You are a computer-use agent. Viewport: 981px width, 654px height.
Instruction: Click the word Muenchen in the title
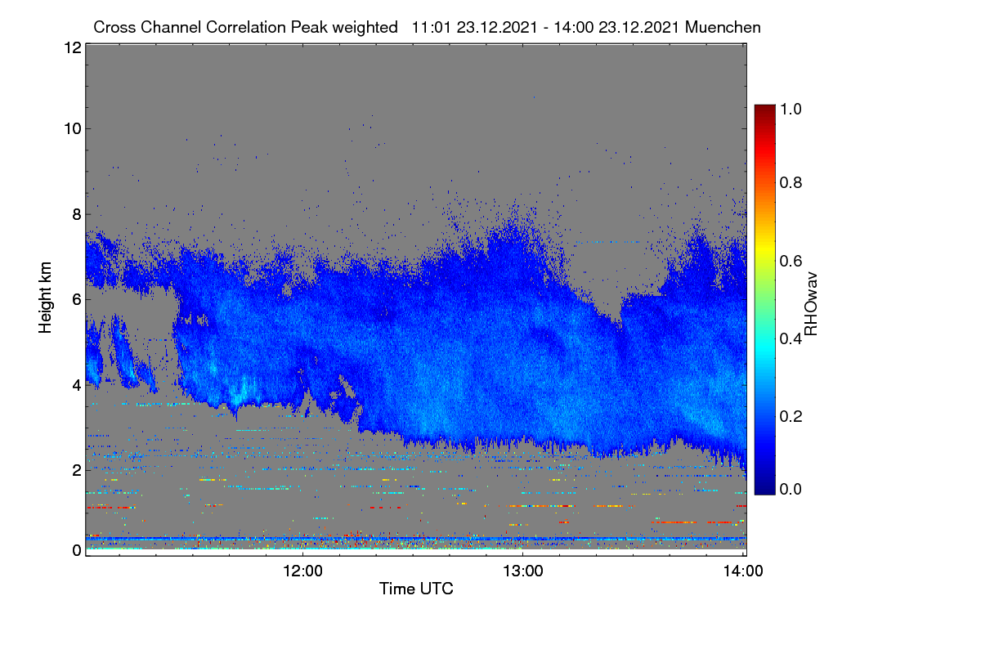click(723, 28)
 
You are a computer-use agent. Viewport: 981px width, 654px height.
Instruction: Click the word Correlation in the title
click(246, 28)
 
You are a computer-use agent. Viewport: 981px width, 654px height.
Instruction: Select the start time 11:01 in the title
click(432, 28)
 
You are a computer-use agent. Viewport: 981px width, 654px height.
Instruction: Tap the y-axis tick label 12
click(73, 47)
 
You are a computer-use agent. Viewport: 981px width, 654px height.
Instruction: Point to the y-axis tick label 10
click(73, 129)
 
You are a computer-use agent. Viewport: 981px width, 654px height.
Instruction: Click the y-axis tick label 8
click(77, 214)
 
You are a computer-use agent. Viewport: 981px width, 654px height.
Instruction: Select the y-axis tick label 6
click(77, 300)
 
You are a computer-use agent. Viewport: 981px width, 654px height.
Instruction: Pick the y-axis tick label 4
click(77, 386)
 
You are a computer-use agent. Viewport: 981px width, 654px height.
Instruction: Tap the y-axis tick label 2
click(77, 471)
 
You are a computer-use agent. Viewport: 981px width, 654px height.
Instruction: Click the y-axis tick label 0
click(77, 551)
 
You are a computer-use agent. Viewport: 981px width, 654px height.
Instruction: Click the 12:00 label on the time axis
click(302, 571)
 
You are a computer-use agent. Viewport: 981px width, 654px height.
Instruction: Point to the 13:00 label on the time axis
click(523, 571)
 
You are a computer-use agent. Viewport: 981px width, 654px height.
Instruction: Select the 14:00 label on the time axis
click(743, 571)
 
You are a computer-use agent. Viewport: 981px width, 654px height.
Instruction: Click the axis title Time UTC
click(416, 589)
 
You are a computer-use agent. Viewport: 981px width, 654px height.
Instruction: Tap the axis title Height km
click(45, 298)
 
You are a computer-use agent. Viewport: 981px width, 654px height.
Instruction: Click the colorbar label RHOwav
click(811, 304)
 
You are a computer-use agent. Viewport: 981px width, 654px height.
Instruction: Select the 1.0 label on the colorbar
click(791, 109)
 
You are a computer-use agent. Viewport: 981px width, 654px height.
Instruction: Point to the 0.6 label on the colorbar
click(791, 261)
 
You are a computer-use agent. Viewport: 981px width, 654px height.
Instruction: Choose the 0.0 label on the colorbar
click(791, 489)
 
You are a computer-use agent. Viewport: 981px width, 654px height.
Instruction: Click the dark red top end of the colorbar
click(764, 108)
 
